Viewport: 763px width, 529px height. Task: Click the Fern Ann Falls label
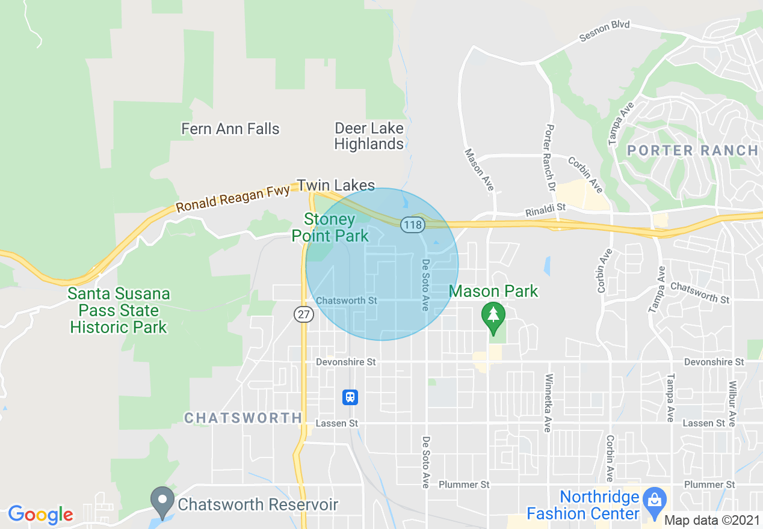pyautogui.click(x=230, y=129)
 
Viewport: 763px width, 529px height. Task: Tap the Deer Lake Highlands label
pyautogui.click(x=369, y=136)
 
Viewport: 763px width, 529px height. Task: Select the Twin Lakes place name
pyautogui.click(x=336, y=185)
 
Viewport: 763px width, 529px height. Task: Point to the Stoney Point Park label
pyautogui.click(x=330, y=227)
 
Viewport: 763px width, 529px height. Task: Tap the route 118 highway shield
pyautogui.click(x=415, y=224)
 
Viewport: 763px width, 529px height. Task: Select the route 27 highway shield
pyautogui.click(x=304, y=314)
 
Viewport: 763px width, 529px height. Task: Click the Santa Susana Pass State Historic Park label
pyautogui.click(x=119, y=311)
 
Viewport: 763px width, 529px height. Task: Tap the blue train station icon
pyautogui.click(x=350, y=397)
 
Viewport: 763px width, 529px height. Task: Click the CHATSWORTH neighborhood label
pyautogui.click(x=243, y=418)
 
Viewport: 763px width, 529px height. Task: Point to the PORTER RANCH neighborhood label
pyautogui.click(x=693, y=150)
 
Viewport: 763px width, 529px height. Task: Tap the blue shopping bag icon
pyautogui.click(x=652, y=500)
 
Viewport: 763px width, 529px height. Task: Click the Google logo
pyautogui.click(x=40, y=515)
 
